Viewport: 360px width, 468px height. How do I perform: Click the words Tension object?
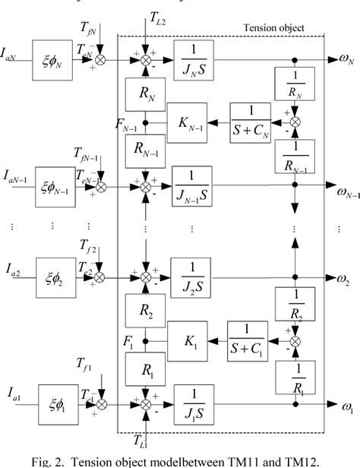tap(274, 27)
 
